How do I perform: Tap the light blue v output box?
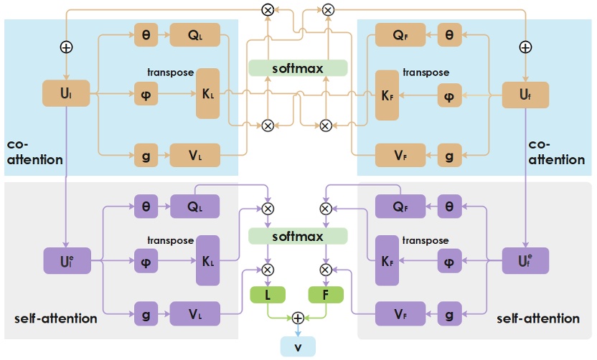pos(296,346)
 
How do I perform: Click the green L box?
pos(268,295)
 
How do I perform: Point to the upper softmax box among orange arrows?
pos(298,68)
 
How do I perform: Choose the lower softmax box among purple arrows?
pos(298,236)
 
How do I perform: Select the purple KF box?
pos(386,260)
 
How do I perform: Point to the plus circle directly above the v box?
pos(297,318)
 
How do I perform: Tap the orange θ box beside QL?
pos(146,34)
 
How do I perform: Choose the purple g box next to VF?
pos(449,313)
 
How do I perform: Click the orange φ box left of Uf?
pos(449,94)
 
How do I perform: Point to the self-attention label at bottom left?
pos(55,318)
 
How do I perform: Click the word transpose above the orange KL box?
pos(170,72)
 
